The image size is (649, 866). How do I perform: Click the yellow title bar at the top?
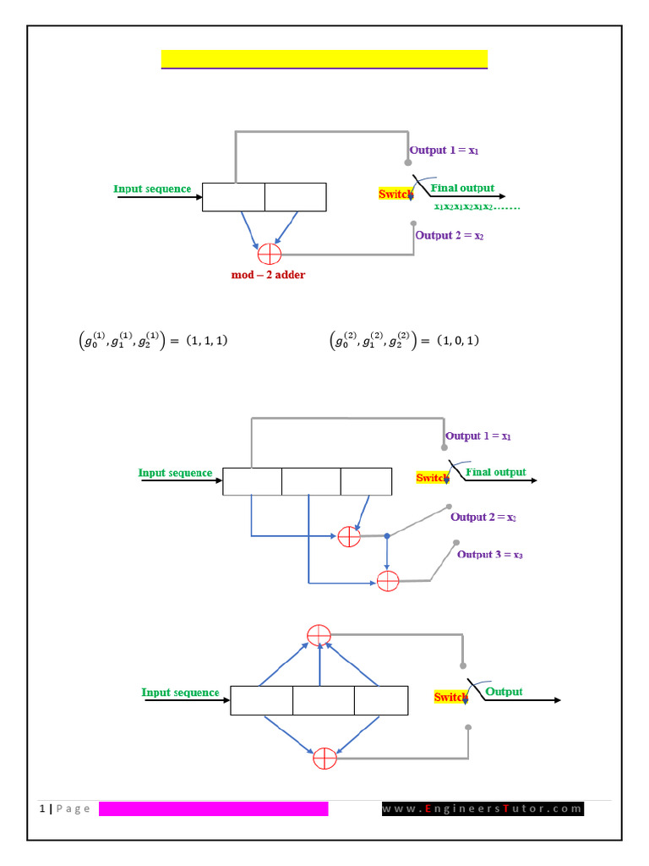(324, 58)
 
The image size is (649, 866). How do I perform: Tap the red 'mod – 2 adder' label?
(269, 275)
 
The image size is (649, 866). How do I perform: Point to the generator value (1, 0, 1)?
(458, 340)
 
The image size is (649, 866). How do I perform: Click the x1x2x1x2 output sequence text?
(477, 206)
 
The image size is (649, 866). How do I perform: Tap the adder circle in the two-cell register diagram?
(270, 253)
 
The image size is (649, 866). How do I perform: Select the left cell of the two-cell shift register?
(233, 197)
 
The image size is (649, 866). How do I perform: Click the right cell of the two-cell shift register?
(295, 197)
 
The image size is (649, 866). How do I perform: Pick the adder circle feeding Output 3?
(387, 582)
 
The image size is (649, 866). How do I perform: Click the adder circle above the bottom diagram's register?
(319, 635)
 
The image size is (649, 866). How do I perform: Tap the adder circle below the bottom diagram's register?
(324, 759)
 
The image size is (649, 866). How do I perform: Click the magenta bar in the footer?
(213, 808)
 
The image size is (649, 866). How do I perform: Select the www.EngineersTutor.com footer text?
(483, 808)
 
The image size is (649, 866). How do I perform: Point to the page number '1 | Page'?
(65, 808)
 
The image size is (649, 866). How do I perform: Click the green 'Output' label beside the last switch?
(504, 692)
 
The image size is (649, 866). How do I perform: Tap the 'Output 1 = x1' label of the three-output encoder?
(478, 436)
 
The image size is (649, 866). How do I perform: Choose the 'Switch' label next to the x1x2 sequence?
(395, 195)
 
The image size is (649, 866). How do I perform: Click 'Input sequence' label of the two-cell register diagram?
(152, 189)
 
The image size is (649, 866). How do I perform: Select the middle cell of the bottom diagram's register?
(324, 700)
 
